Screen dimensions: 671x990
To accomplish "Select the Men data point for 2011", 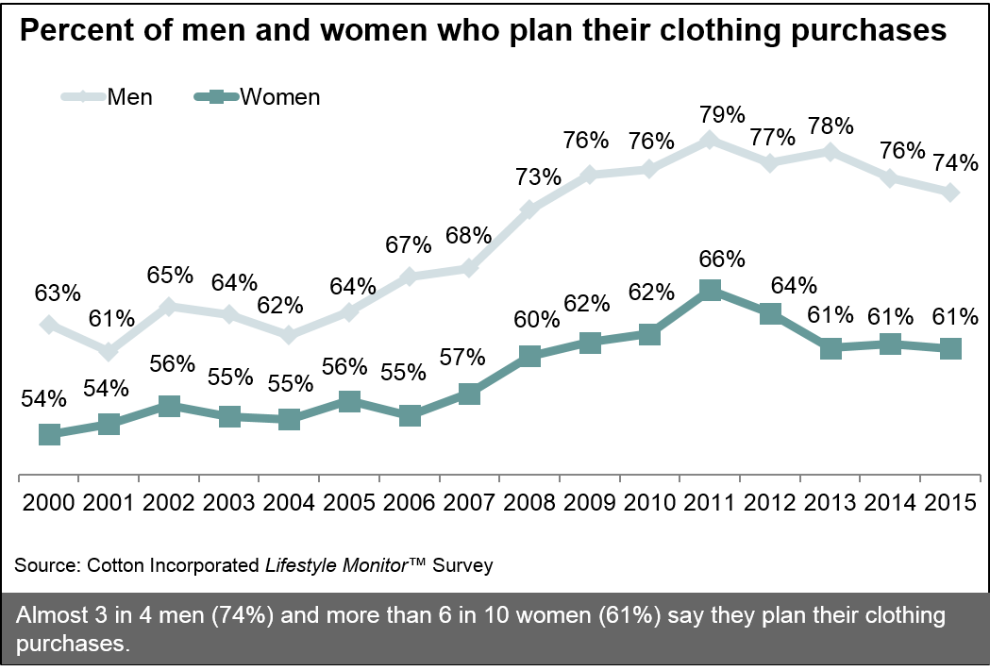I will (711, 141).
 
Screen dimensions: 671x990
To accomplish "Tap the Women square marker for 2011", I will (711, 291).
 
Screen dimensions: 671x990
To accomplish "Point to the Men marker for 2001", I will (110, 352).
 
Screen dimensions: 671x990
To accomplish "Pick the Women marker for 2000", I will (51, 434).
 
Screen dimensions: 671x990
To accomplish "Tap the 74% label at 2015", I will (954, 163).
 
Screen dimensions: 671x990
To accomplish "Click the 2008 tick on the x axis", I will (530, 501).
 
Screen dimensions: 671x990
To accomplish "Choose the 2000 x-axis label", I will (48, 501).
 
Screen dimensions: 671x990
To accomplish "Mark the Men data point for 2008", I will (530, 209).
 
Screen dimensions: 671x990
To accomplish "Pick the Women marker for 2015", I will (951, 348).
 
